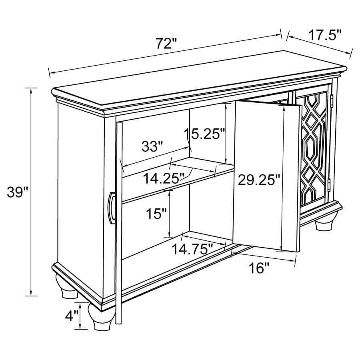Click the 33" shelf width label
[x=152, y=147]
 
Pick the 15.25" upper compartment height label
[x=205, y=134]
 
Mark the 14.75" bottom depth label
[x=192, y=249]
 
